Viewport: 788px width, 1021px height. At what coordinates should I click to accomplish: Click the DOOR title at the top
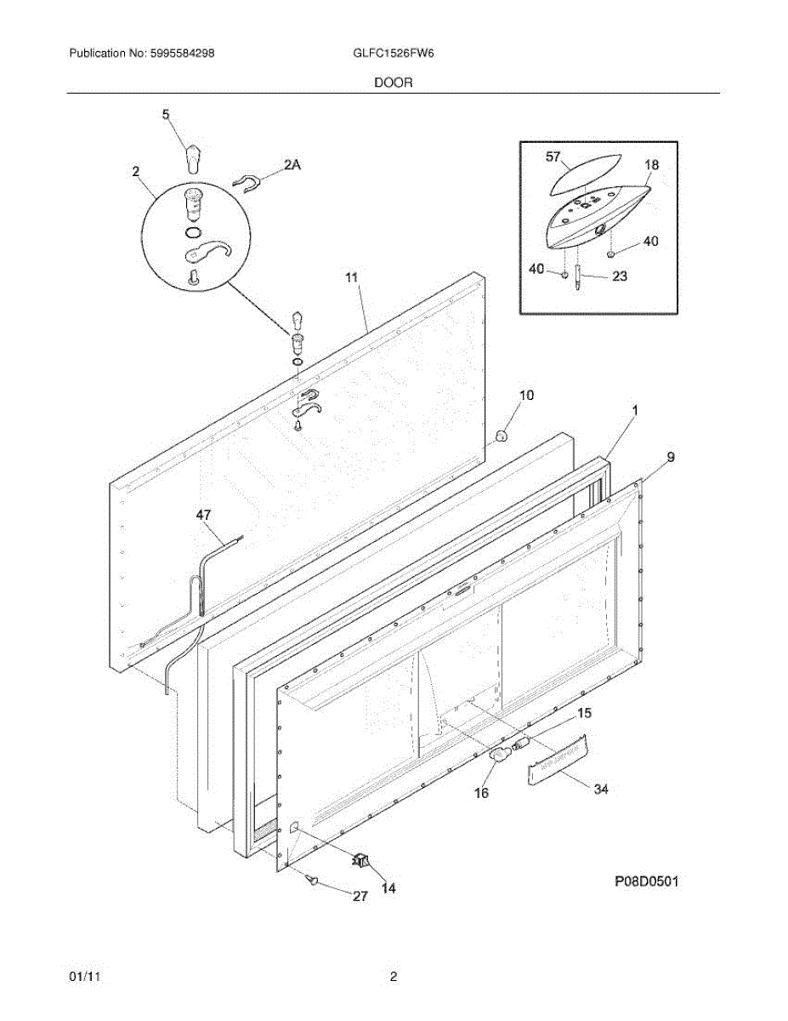coord(393,83)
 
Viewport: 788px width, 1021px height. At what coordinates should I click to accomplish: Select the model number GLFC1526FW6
coord(394,53)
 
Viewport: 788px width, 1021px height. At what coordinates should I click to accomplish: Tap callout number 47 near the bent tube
coord(203,515)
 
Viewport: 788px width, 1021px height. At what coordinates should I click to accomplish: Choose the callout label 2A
coord(292,167)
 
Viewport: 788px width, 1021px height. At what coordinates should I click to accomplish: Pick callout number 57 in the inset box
coord(554,156)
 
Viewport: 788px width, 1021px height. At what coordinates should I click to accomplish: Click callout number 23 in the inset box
coord(621,276)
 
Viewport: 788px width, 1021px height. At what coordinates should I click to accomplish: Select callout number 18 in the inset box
coord(651,165)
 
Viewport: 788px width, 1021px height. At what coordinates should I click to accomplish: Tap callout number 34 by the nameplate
coord(601,790)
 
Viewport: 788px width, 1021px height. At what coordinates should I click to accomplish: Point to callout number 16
coord(481,793)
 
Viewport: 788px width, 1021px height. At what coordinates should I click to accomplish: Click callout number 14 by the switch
coord(388,888)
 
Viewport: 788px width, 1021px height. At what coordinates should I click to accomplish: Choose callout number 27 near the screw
coord(360,895)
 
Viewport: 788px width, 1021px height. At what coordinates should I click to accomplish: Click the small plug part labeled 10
coord(502,436)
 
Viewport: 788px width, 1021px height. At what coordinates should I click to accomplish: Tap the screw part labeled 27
coord(314,882)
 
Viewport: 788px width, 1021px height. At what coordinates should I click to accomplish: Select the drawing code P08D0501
coord(647,881)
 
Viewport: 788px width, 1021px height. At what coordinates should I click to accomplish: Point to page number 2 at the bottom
coord(394,978)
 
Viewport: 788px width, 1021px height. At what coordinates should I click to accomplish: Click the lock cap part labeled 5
coord(195,158)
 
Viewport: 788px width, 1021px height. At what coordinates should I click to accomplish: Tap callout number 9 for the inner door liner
coord(670,458)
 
